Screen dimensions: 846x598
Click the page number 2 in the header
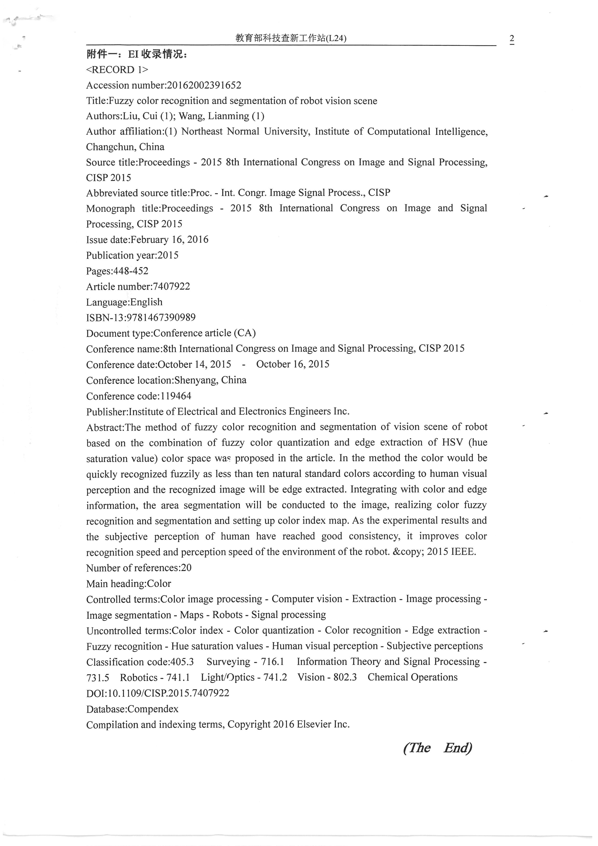[511, 39]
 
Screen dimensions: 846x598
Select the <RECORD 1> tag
[117, 70]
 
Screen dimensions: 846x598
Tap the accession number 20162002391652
[204, 85]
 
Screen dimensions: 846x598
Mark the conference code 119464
[176, 396]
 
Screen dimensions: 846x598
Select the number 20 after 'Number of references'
[186, 568]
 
